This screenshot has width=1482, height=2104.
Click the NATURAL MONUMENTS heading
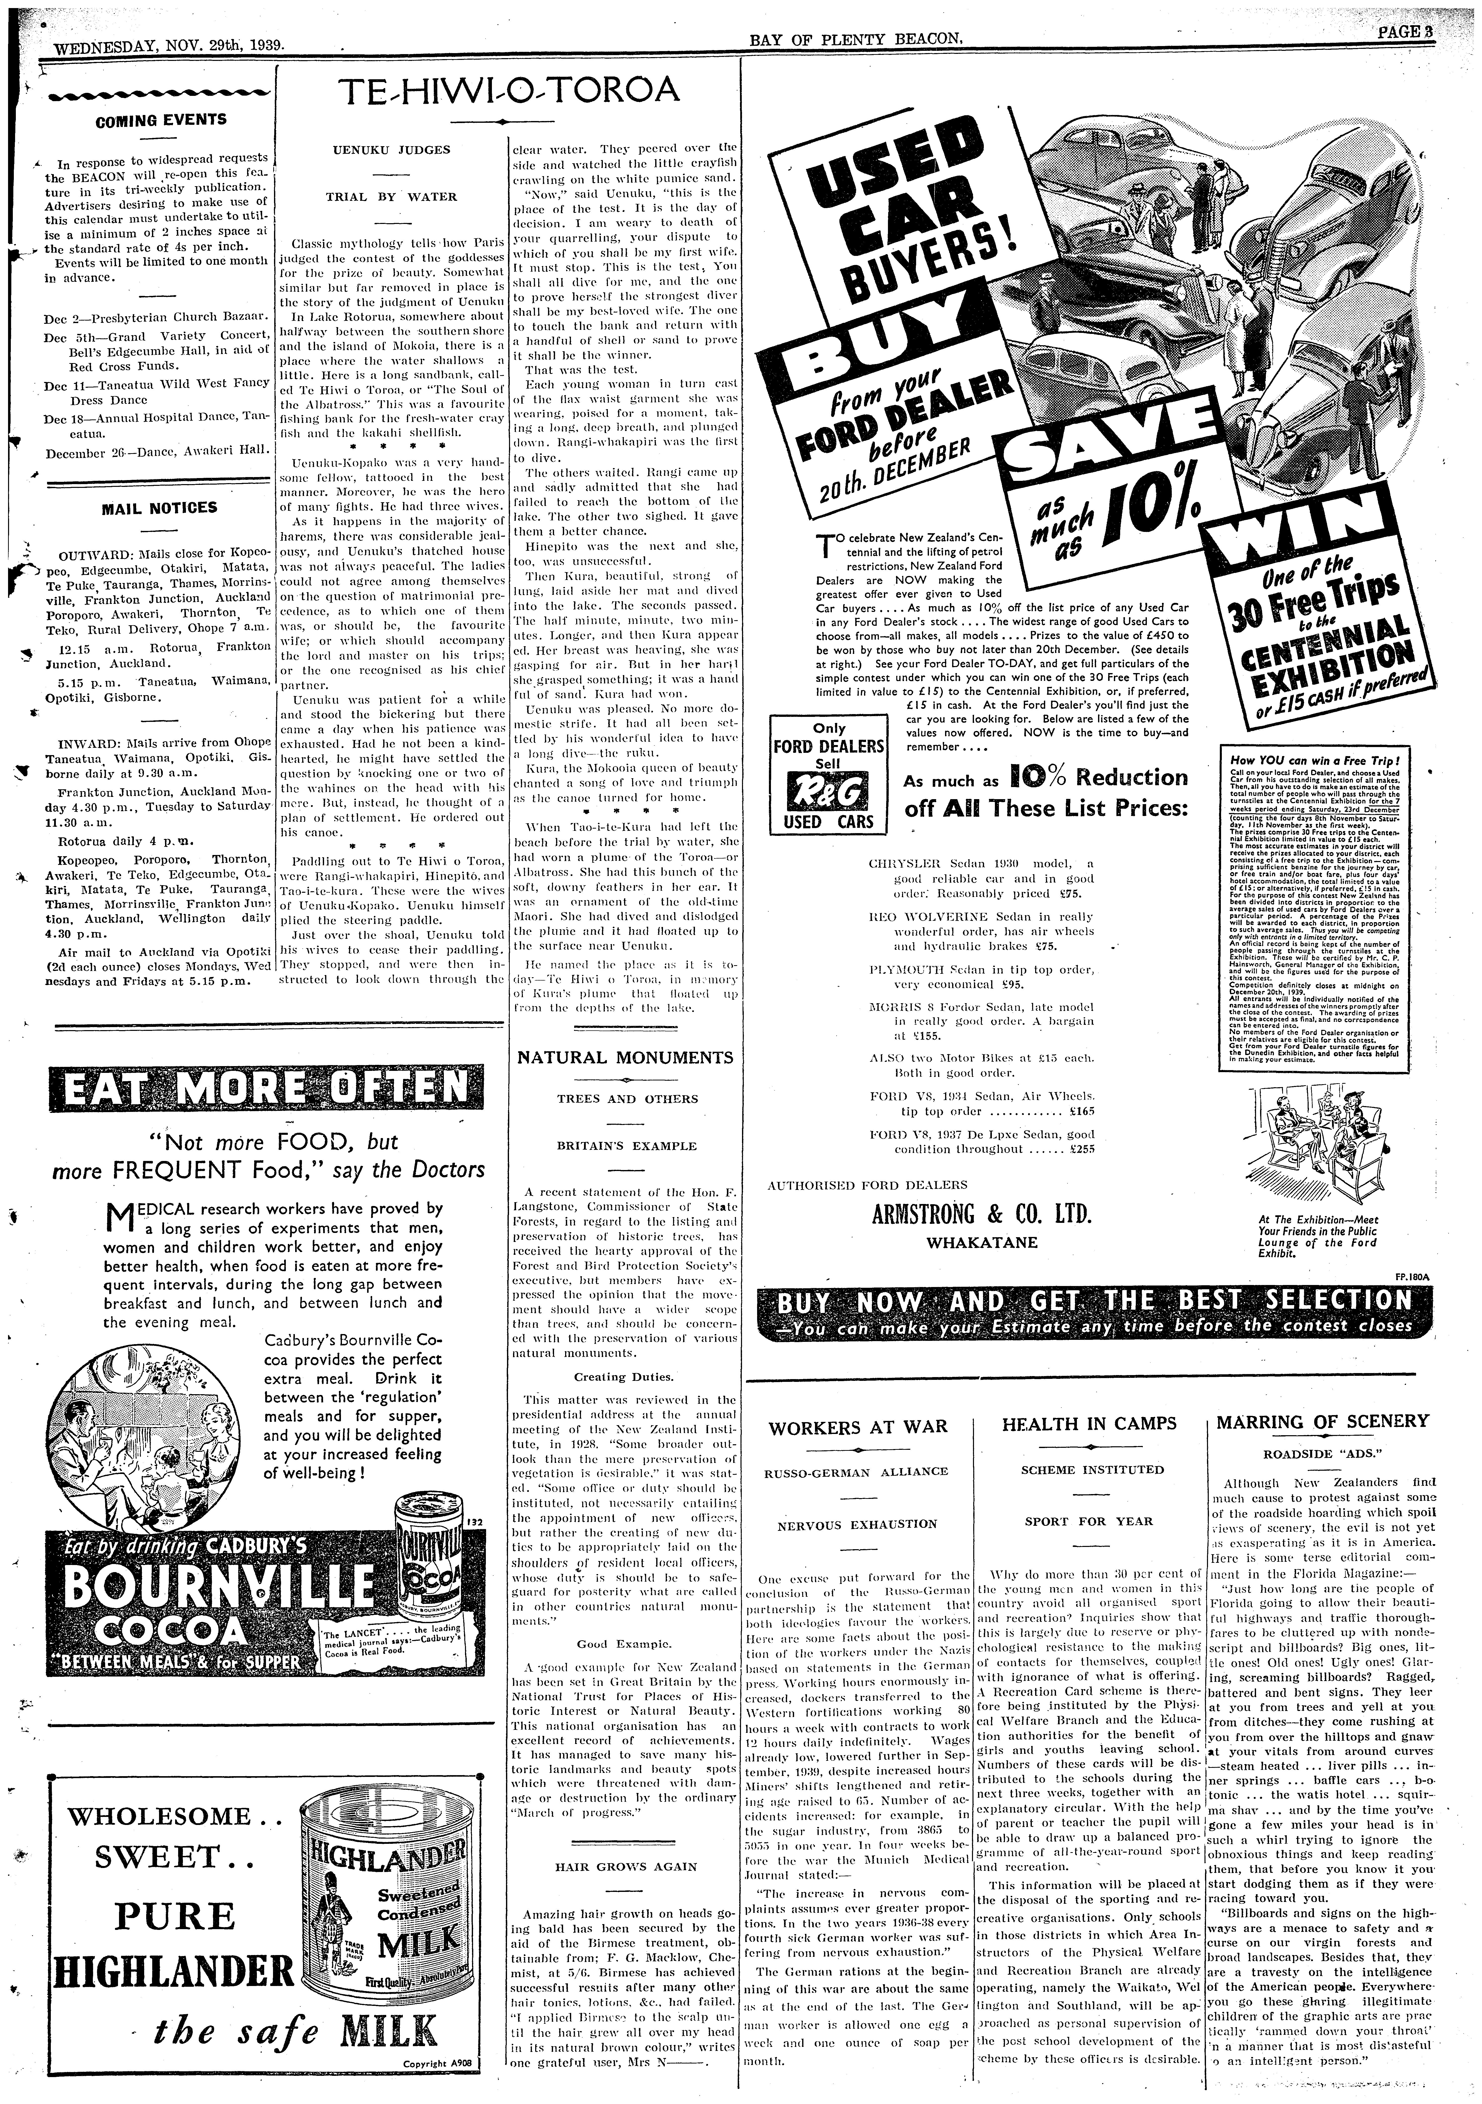tap(625, 1058)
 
